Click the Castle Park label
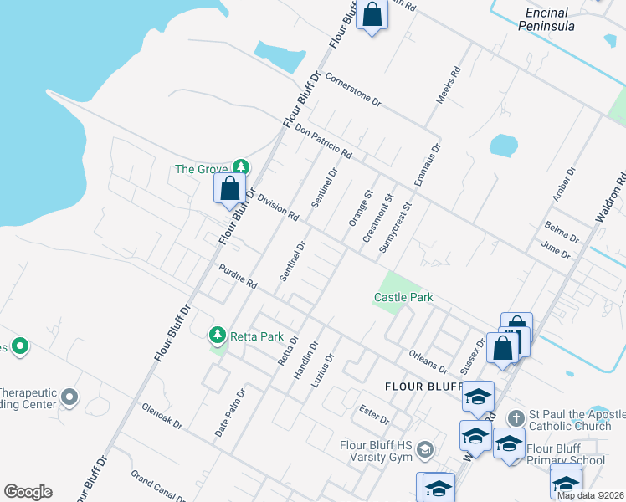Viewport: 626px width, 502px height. coord(403,298)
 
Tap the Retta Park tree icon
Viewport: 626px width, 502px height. coord(218,336)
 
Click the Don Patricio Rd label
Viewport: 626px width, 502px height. coord(323,142)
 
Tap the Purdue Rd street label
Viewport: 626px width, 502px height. coord(237,277)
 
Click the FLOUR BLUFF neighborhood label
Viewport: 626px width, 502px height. coord(423,387)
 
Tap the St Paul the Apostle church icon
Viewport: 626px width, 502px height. coord(517,416)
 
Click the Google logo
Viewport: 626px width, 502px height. coord(28,492)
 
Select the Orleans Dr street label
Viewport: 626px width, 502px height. coord(428,361)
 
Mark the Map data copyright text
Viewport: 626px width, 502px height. coord(591,495)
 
